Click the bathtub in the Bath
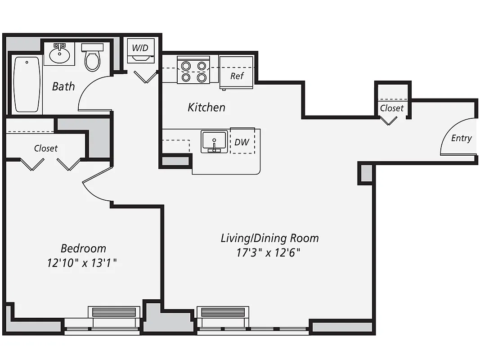point(27,85)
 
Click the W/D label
point(140,46)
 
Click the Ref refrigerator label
point(237,76)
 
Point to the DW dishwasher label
point(242,142)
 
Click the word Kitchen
point(206,107)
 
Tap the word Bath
point(63,86)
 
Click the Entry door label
point(461,138)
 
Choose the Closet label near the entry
point(391,108)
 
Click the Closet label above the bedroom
point(45,148)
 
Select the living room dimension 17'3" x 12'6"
point(269,252)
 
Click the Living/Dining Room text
point(269,238)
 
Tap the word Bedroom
point(83,248)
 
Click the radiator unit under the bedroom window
point(114,312)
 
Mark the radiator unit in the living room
point(223,312)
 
